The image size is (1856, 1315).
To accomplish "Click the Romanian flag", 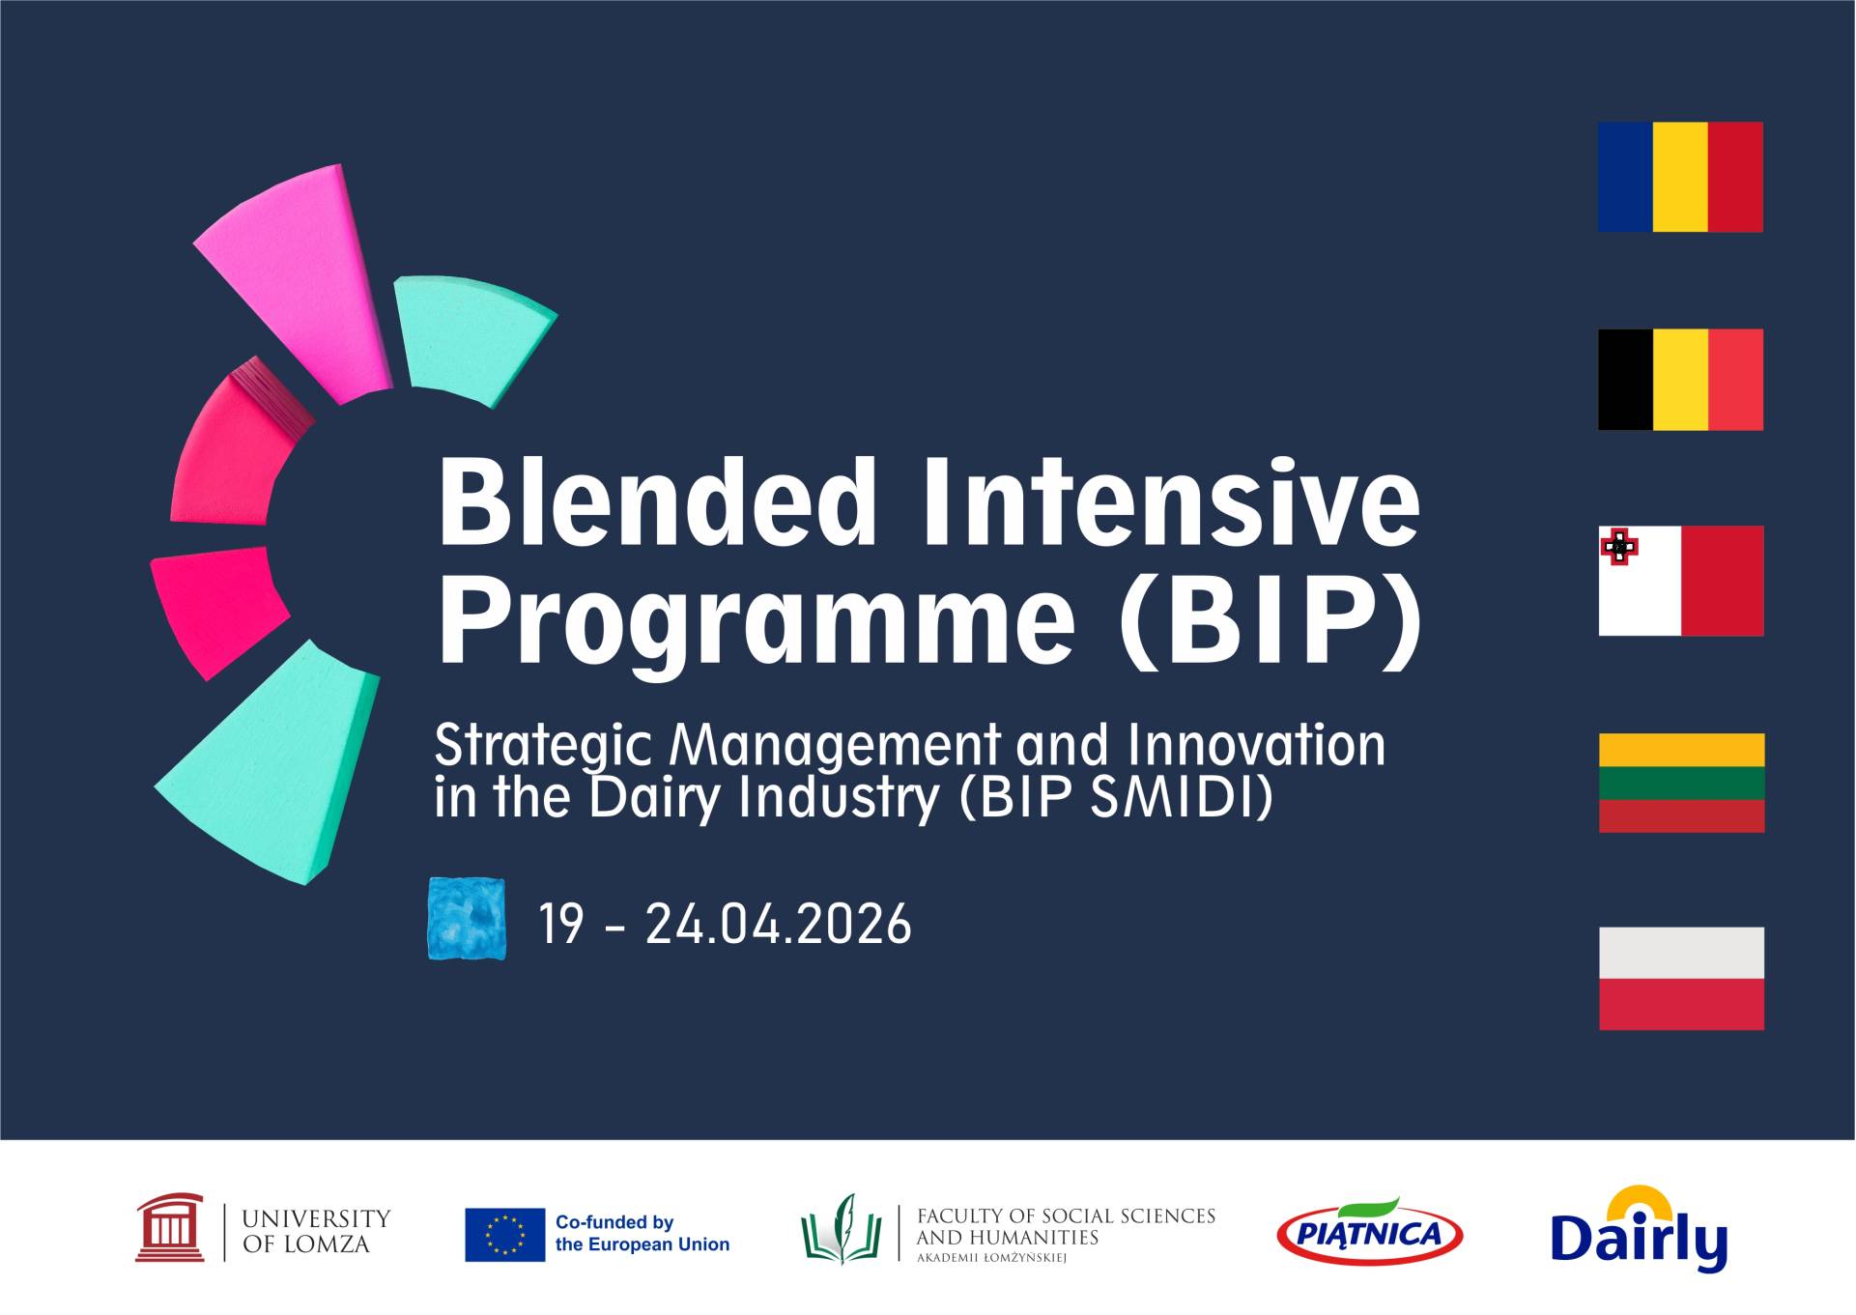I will (x=1680, y=177).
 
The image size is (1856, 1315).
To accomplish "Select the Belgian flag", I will (x=1680, y=380).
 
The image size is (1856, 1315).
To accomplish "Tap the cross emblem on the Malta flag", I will (x=1619, y=547).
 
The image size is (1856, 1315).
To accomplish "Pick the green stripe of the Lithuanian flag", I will (x=1681, y=783).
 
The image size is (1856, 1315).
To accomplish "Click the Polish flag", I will (x=1681, y=978).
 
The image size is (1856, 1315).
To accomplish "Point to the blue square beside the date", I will (x=467, y=919).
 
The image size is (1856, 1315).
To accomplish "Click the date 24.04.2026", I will (x=778, y=924).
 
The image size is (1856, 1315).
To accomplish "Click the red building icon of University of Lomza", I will (x=170, y=1228).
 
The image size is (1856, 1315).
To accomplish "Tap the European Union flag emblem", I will (x=504, y=1234).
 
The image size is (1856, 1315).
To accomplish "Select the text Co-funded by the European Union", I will (x=642, y=1234).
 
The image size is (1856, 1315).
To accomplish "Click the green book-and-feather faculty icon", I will (x=841, y=1229).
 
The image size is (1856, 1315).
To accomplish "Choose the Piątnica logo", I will (x=1369, y=1233).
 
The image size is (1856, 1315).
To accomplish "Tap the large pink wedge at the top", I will (x=295, y=280).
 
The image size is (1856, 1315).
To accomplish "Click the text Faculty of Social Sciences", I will (x=1065, y=1216).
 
